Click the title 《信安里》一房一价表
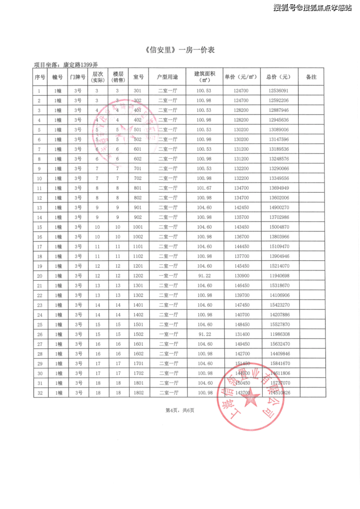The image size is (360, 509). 180,50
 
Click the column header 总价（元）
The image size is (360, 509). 278,77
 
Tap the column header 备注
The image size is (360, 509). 311,77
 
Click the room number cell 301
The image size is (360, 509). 138,91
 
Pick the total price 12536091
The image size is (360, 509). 278,91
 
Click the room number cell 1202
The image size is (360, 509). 138,275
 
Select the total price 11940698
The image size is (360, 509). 278,275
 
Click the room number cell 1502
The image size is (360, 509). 138,334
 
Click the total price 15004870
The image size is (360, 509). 278,227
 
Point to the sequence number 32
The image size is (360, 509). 39,392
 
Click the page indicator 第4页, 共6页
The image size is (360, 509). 180,410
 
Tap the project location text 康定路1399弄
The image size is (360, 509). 80,65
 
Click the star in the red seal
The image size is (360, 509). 251,400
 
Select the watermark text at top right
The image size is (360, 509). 312,8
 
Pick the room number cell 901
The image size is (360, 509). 138,207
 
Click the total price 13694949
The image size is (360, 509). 278,188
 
